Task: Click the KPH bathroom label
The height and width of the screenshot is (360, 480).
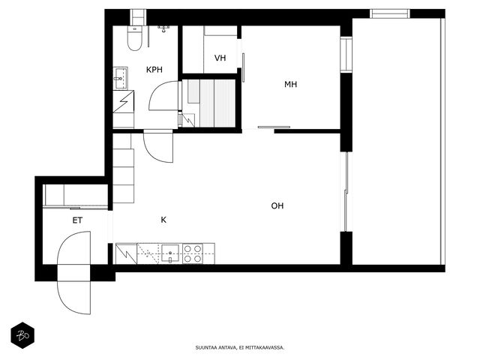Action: (x=154, y=70)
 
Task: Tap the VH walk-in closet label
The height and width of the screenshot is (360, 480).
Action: (x=220, y=58)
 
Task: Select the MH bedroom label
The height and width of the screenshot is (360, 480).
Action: (x=290, y=84)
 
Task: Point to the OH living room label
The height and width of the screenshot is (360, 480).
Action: (x=277, y=205)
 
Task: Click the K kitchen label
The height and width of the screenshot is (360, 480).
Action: (x=163, y=220)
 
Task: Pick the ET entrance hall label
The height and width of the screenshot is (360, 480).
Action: (x=77, y=220)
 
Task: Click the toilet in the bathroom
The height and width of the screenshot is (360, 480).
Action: (x=135, y=38)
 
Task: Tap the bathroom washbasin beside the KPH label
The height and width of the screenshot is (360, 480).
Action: (x=120, y=78)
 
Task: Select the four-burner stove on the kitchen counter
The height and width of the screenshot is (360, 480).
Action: (x=193, y=253)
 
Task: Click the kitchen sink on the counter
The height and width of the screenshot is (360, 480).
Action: (x=170, y=253)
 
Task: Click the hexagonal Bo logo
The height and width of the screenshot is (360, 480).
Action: (x=22, y=335)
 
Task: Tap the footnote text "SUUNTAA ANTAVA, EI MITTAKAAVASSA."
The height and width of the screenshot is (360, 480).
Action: (x=240, y=347)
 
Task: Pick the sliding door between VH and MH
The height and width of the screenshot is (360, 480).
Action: (x=243, y=67)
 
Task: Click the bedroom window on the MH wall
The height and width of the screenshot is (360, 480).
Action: (x=346, y=55)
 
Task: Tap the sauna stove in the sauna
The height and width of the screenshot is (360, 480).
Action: (x=188, y=120)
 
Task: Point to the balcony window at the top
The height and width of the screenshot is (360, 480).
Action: (x=390, y=13)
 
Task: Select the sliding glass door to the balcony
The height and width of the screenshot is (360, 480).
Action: (x=346, y=192)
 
